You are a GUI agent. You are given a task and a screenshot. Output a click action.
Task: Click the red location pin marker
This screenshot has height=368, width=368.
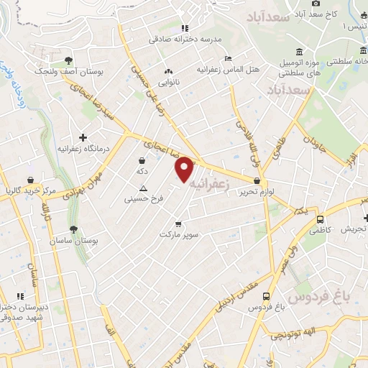click(x=185, y=169)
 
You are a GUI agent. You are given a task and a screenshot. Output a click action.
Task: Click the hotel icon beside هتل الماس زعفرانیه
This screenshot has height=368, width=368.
click(x=228, y=58)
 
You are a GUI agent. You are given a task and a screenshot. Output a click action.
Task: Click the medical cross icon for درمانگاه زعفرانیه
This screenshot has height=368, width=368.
click(x=83, y=137)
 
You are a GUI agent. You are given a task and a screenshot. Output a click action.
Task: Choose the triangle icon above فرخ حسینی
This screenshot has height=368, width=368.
click(x=143, y=188)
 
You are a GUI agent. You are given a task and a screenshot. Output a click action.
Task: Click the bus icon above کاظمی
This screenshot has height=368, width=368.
click(x=320, y=219)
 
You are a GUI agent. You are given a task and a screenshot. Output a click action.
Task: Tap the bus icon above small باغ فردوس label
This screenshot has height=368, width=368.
click(x=267, y=295)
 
